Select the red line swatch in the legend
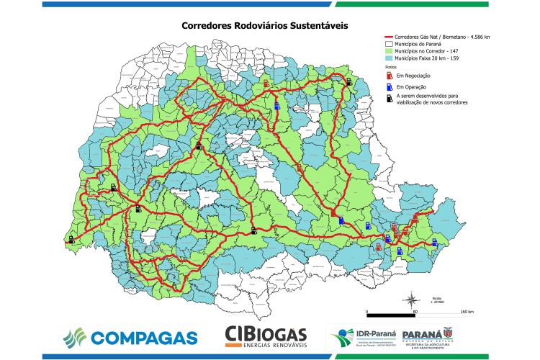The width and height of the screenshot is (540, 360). coord(390,37)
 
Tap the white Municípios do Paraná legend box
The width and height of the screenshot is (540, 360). coord(390,44)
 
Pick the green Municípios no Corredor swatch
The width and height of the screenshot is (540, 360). coord(390,52)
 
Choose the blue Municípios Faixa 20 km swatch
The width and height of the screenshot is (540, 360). coord(390,59)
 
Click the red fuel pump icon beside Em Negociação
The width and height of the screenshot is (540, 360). coord(390,76)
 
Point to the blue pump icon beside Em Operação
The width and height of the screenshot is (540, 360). coord(390,87)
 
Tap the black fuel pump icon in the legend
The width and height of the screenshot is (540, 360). coord(390,97)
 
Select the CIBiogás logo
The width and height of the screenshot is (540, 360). coord(266,336)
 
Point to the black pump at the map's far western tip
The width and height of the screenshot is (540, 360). coord(72,240)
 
